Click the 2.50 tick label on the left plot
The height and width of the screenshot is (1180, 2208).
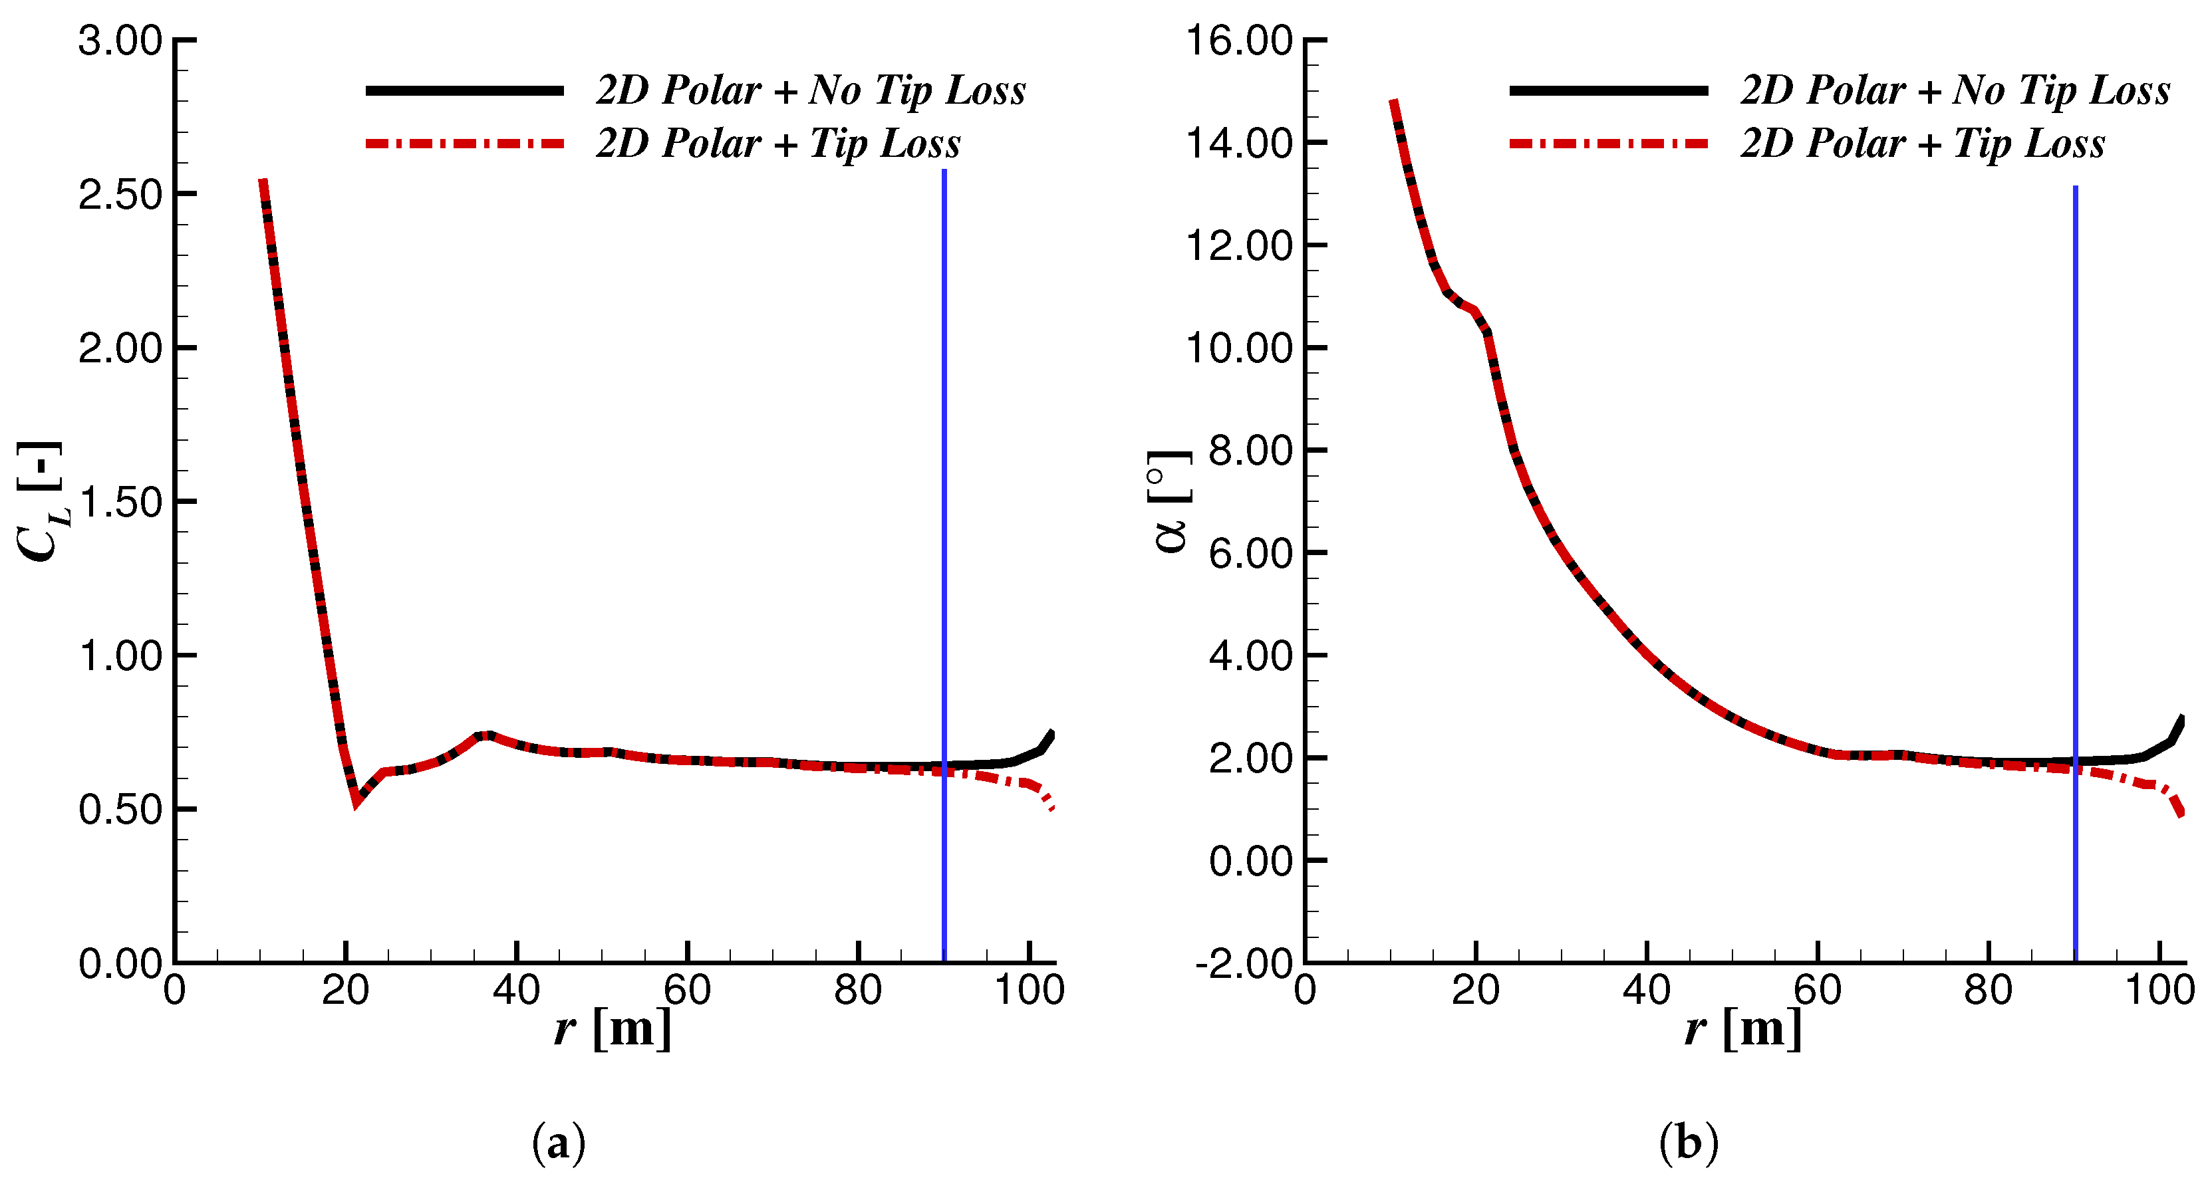[x=120, y=195]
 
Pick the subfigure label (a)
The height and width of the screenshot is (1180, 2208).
[x=559, y=1142]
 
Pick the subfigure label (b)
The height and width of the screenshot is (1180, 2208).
[x=1689, y=1142]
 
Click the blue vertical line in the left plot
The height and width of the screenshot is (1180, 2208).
[x=944, y=429]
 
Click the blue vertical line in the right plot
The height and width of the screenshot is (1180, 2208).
[x=2075, y=429]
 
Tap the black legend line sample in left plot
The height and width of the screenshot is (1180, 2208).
[x=465, y=90]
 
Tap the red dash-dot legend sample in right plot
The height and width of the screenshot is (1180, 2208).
[x=1608, y=143]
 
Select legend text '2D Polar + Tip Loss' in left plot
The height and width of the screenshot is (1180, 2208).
[x=777, y=143]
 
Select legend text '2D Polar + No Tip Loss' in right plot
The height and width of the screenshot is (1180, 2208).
[x=1955, y=90]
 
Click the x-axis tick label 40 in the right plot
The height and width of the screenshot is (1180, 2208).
[x=1646, y=991]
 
